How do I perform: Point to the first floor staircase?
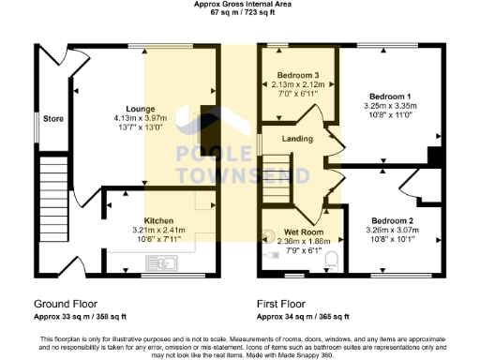pos(287,177)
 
